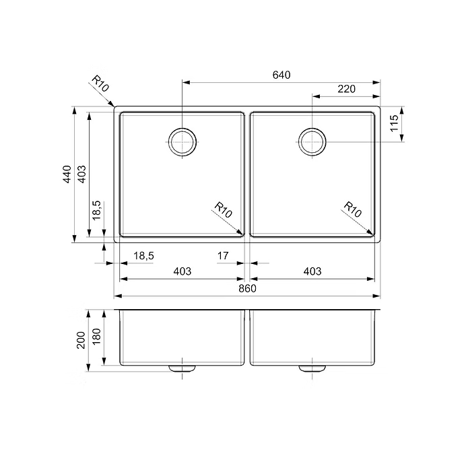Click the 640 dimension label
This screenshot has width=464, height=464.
coord(281,75)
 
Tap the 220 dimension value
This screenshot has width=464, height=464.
coord(346,89)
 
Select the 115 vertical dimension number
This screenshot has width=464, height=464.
coord(394,123)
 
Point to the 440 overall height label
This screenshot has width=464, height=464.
coord(67,174)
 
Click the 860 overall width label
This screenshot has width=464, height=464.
coord(247,288)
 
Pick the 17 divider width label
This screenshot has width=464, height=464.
coord(223,255)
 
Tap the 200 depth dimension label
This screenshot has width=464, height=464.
coord(81,340)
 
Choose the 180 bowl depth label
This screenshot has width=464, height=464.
coord(97,337)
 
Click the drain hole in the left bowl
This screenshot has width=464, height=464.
coord(183,142)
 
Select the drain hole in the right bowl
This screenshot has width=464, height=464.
coord(312,142)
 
